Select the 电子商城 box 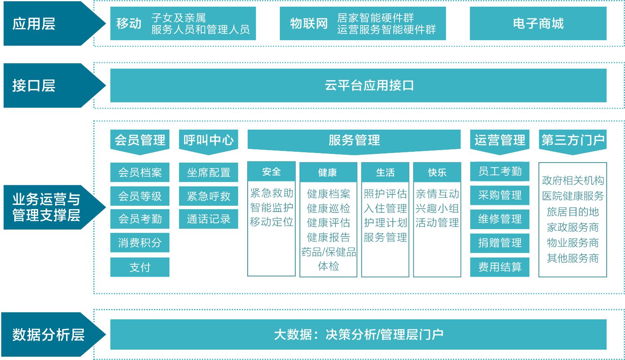click(x=538, y=23)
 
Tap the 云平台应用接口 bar click(x=358, y=85)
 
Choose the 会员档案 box click(x=140, y=172)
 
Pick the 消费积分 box click(x=140, y=243)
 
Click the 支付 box click(x=140, y=267)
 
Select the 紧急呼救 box click(x=208, y=196)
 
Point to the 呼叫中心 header click(x=208, y=140)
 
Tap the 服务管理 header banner click(x=354, y=140)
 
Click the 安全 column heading click(x=272, y=172)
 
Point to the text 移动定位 click(x=272, y=222)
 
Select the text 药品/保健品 click(x=328, y=252)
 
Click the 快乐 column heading click(x=437, y=172)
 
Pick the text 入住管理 click(x=385, y=208)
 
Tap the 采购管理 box click(x=499, y=195)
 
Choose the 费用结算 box click(x=499, y=267)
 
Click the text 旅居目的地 click(x=573, y=212)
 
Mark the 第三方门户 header click(x=573, y=140)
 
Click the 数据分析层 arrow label click(x=48, y=335)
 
